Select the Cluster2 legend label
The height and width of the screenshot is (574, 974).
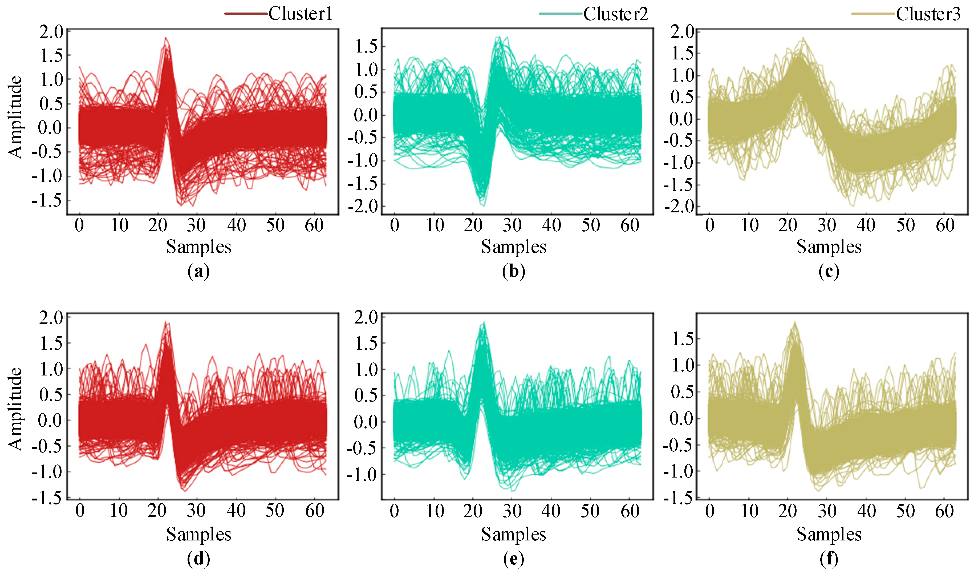click(x=616, y=14)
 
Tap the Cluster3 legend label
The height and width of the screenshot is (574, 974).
click(x=928, y=14)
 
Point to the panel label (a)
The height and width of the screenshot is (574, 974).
click(x=198, y=272)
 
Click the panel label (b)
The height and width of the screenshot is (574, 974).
click(x=513, y=272)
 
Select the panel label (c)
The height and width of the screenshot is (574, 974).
click(x=829, y=272)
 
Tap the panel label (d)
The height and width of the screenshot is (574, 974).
click(x=198, y=559)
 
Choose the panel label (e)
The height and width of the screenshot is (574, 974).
click(x=513, y=559)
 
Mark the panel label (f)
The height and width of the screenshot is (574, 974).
click(x=829, y=559)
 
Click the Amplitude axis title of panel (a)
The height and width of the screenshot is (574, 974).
click(x=15, y=117)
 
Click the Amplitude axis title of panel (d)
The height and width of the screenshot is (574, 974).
click(x=15, y=409)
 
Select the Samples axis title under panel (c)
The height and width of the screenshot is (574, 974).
click(x=829, y=247)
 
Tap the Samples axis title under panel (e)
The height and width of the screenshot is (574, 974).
click(x=513, y=534)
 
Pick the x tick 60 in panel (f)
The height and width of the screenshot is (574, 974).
click(x=945, y=511)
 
